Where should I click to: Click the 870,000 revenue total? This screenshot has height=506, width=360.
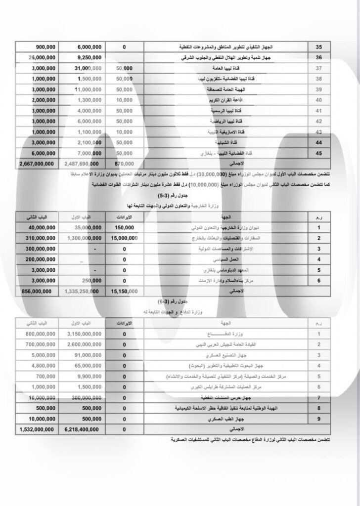point(126,164)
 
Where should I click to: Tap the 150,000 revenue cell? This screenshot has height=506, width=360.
point(124,228)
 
